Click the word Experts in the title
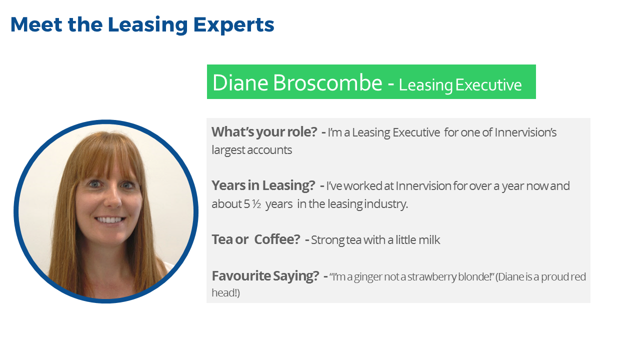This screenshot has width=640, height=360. coord(233,25)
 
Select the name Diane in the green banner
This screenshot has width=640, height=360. coord(240,82)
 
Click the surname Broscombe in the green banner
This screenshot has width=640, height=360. coord(327,82)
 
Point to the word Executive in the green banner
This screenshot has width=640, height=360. coord(488,85)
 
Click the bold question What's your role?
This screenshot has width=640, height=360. coord(264,132)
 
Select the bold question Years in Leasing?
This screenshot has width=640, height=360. coord(263,185)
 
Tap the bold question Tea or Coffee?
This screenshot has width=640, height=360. coord(255,239)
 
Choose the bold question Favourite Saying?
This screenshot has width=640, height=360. coord(265,276)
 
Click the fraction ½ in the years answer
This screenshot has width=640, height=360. coord(256,204)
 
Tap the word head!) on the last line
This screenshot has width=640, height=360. coord(225,293)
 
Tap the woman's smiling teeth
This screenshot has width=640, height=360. coord(110,220)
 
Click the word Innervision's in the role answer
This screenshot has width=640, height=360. coord(525,132)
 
